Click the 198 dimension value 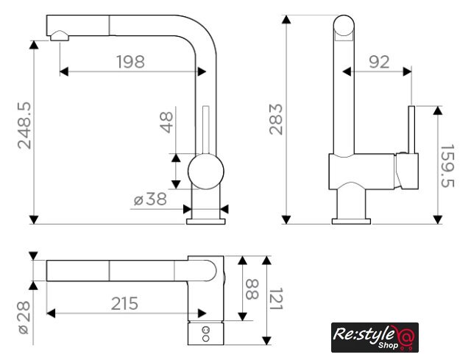130,62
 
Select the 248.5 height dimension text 24,126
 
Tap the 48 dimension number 166,122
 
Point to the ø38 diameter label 150,199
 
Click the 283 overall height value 276,119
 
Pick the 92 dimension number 379,62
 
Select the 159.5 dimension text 447,166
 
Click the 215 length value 124,303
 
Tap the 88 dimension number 252,289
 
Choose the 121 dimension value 276,299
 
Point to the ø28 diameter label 24,317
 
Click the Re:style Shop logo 375,337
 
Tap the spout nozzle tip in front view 60,36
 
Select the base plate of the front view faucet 206,222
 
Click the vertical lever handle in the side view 411,130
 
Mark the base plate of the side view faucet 351,222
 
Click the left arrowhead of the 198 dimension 64,72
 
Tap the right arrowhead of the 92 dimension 407,72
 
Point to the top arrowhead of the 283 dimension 286,19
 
